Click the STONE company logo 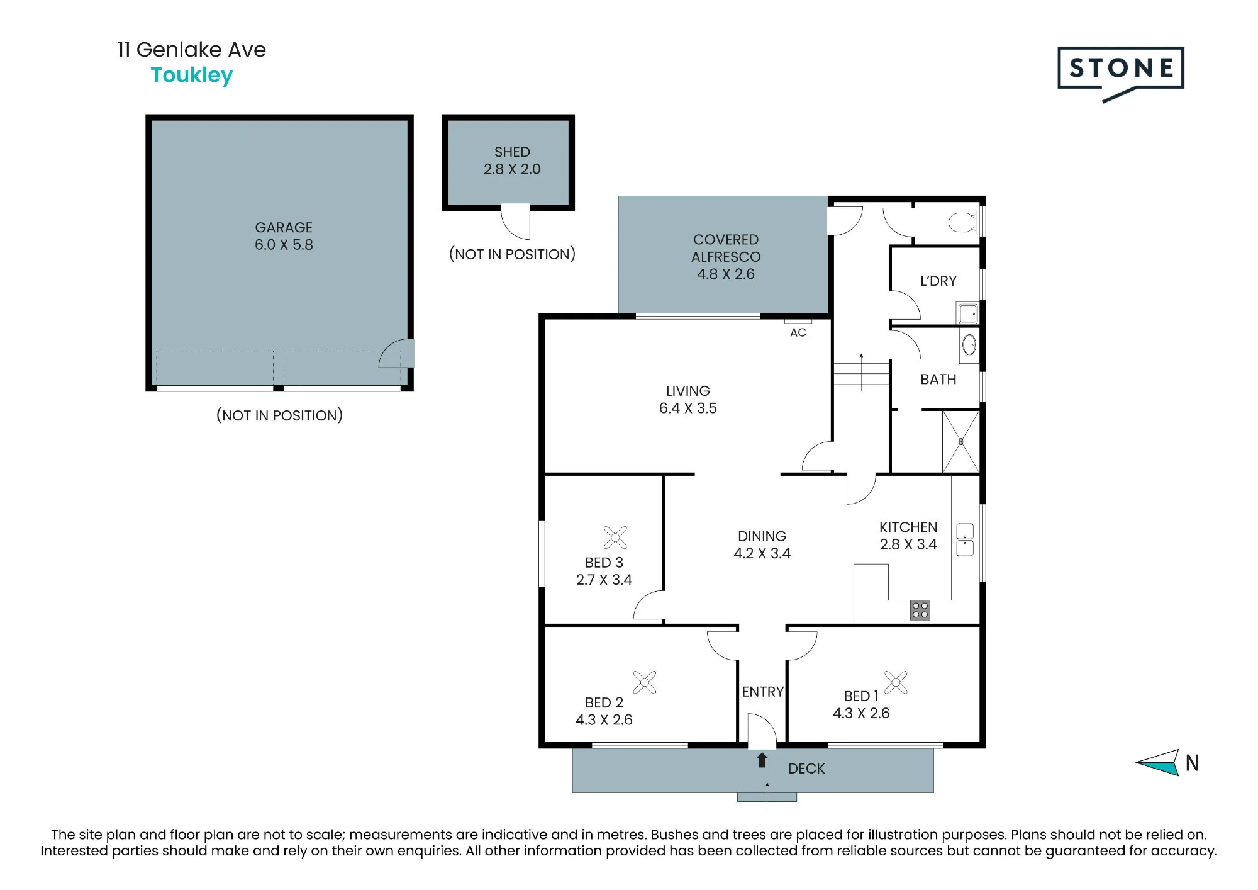pyautogui.click(x=1120, y=73)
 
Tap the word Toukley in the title pyautogui.click(x=192, y=76)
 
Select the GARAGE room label pyautogui.click(x=284, y=227)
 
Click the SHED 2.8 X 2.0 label pyautogui.click(x=512, y=161)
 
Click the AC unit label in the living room pyautogui.click(x=798, y=332)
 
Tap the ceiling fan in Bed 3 pyautogui.click(x=615, y=538)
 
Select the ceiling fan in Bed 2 pyautogui.click(x=645, y=682)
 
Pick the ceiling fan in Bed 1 pyautogui.click(x=896, y=682)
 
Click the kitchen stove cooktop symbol pyautogui.click(x=920, y=610)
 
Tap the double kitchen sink pyautogui.click(x=965, y=539)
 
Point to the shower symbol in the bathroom pyautogui.click(x=960, y=441)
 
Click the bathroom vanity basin pyautogui.click(x=969, y=344)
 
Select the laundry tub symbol pyautogui.click(x=968, y=313)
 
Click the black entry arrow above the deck pyautogui.click(x=762, y=760)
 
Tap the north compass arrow pyautogui.click(x=1157, y=763)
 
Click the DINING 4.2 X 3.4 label pyautogui.click(x=762, y=544)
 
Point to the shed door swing pyautogui.click(x=516, y=222)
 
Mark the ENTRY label pyautogui.click(x=762, y=692)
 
